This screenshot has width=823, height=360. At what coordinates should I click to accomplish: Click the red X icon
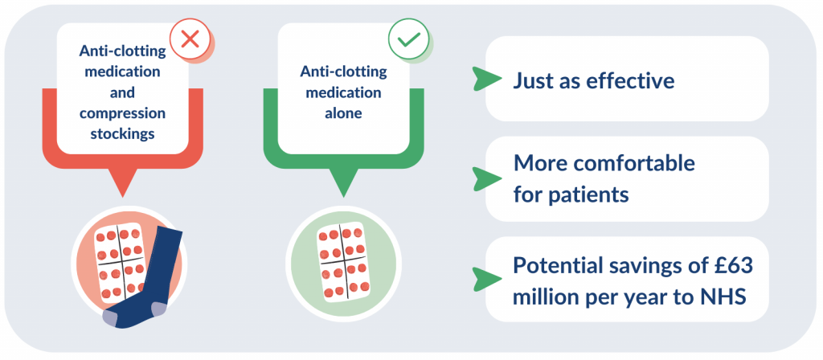190,39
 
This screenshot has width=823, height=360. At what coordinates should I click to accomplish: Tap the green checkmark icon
408,39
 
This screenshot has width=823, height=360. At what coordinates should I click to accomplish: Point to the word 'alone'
343,113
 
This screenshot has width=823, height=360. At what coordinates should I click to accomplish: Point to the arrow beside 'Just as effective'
482,79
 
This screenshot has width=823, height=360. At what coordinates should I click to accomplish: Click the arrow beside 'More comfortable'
482,178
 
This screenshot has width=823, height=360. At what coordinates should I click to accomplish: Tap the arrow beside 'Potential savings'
482,278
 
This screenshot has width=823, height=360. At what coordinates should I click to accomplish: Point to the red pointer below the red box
123,184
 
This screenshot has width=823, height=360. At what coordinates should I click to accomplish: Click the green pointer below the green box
343,184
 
